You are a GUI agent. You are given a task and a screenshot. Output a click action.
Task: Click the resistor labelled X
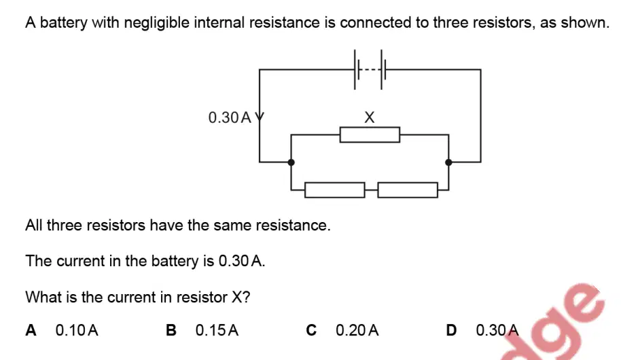[x=370, y=134]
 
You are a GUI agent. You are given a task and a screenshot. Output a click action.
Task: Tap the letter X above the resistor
[x=369, y=118]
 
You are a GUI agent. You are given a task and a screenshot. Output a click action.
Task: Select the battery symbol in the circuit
[x=368, y=70]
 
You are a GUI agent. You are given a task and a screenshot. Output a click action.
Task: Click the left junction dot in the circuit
[x=291, y=162]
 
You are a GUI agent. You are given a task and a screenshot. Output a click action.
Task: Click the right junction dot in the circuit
[x=448, y=162]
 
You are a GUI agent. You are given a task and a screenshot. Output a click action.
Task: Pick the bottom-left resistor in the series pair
[x=335, y=190]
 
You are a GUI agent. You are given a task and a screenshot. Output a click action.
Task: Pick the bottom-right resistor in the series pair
[x=408, y=190]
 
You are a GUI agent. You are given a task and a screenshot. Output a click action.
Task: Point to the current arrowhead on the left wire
[x=260, y=118]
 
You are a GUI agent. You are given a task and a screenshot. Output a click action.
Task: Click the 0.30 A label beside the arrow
[x=230, y=118]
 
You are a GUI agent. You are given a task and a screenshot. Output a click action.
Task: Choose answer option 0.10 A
[x=77, y=330]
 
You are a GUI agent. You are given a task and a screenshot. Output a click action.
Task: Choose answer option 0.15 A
[x=217, y=330]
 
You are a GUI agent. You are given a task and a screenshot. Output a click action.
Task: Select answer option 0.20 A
[x=357, y=330]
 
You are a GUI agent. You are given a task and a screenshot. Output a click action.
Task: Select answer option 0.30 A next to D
[x=497, y=330]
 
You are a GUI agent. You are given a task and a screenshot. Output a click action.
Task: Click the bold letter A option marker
[x=31, y=330]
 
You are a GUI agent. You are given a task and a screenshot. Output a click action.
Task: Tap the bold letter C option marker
[x=311, y=330]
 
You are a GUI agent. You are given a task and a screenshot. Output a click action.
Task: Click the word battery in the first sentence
[x=63, y=23]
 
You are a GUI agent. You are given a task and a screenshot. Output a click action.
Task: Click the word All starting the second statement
[x=35, y=226]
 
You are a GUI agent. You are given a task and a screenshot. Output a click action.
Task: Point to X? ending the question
[x=241, y=297]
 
